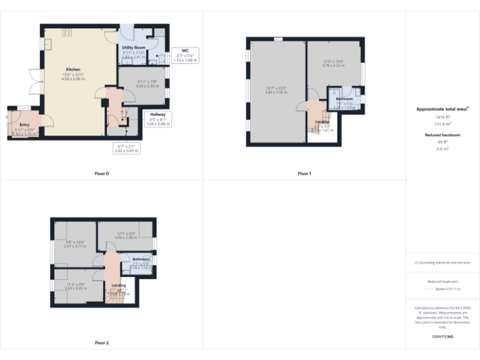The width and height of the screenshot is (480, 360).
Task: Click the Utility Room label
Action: (133, 47)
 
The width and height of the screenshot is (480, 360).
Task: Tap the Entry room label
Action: (24, 125)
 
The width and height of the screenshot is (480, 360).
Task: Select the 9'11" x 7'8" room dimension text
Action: (143, 81)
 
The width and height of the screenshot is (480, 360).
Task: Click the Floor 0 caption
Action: (101, 173)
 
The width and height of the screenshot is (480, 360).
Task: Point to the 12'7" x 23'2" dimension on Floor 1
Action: (276, 89)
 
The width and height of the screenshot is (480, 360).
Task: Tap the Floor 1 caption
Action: (304, 173)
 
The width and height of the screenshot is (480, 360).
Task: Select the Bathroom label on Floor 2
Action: (141, 259)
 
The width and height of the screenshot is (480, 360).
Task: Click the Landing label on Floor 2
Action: (109, 285)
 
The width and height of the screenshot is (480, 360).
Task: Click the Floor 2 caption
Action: (101, 342)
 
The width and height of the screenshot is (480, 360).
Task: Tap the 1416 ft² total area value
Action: (442, 117)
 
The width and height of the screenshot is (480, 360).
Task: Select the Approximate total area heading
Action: (442, 109)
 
